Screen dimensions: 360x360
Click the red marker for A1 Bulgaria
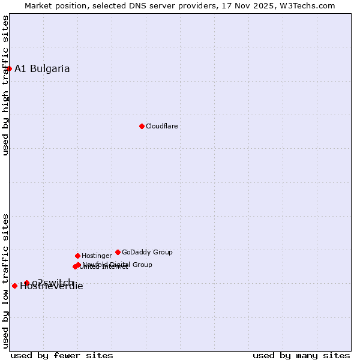[x=9, y=68]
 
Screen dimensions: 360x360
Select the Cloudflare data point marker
[x=142, y=126]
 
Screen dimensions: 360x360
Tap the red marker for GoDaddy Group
[x=118, y=252]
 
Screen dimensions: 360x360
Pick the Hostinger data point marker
[x=77, y=256]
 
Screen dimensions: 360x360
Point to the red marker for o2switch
[x=26, y=283]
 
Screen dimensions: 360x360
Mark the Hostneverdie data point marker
[x=14, y=286]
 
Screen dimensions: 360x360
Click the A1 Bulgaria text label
[x=42, y=68]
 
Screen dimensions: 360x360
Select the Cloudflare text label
[x=162, y=126]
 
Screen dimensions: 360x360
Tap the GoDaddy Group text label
[x=147, y=252]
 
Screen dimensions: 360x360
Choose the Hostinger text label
[x=97, y=256]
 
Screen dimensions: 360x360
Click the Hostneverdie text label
[x=52, y=286]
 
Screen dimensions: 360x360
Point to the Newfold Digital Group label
[x=118, y=264]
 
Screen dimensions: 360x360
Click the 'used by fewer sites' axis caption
[x=62, y=355]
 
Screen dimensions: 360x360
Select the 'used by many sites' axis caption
[x=301, y=355]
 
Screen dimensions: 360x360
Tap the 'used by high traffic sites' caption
[x=6, y=85]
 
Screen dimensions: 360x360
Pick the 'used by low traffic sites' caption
[x=6, y=281]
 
